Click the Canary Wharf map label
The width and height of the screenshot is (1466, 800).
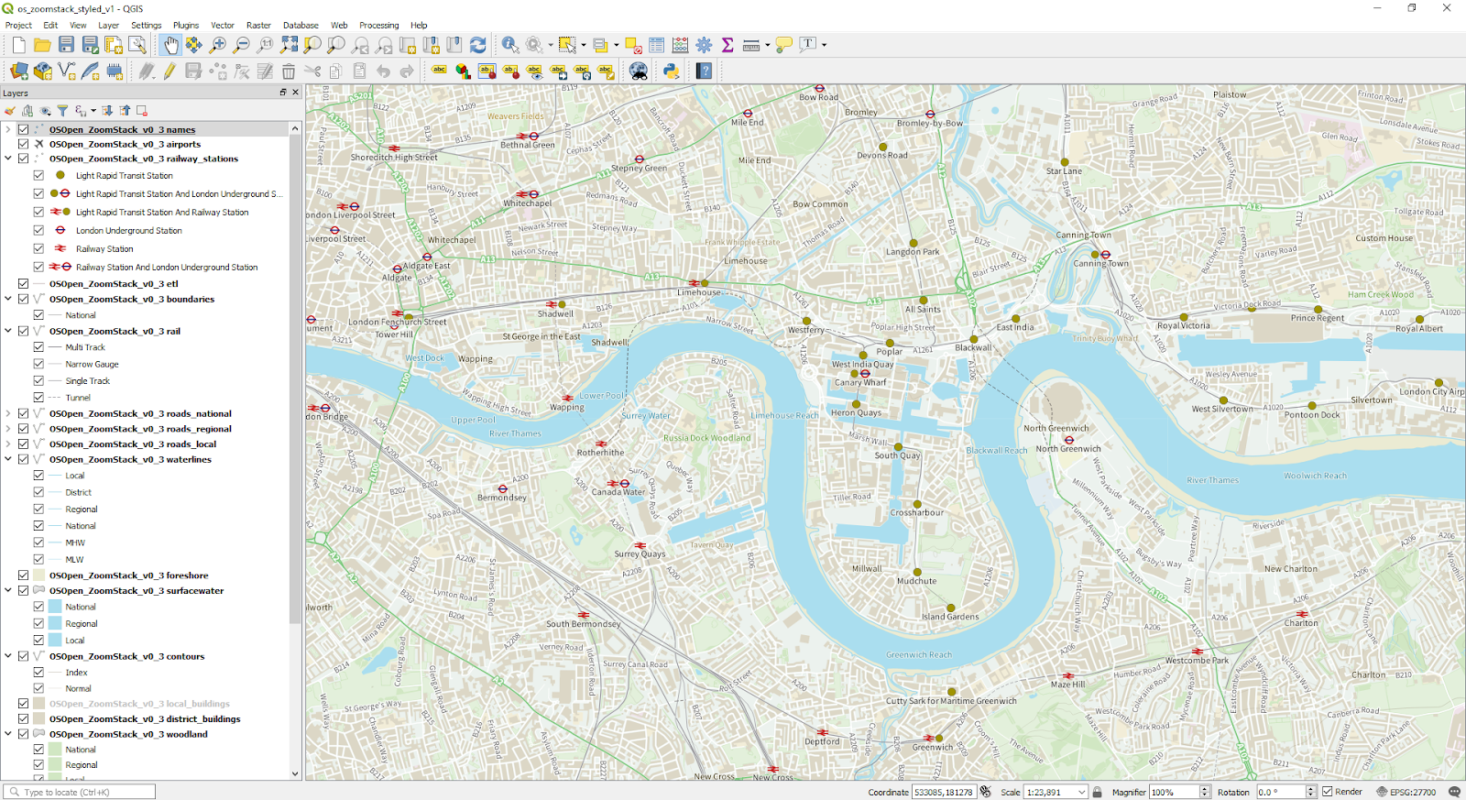pyautogui.click(x=860, y=383)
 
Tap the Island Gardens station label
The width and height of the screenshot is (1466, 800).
pyautogui.click(x=950, y=617)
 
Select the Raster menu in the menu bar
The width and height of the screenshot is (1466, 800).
pyautogui.click(x=258, y=25)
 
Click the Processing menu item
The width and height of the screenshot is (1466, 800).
pyautogui.click(x=378, y=25)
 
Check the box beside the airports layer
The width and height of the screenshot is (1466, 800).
pyautogui.click(x=23, y=144)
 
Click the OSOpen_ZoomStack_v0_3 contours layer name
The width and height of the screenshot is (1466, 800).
pyautogui.click(x=126, y=656)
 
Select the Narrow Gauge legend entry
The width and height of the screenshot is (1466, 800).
pyautogui.click(x=92, y=364)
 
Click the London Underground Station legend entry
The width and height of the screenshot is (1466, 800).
pyautogui.click(x=128, y=231)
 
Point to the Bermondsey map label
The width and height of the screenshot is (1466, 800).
pyautogui.click(x=502, y=498)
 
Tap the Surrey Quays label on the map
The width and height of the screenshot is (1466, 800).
pyautogui.click(x=640, y=554)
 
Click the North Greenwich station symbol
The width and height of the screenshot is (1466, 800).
pyautogui.click(x=1068, y=440)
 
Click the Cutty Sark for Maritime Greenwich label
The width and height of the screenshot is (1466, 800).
pyautogui.click(x=951, y=701)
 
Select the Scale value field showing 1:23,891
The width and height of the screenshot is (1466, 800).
pyautogui.click(x=1049, y=792)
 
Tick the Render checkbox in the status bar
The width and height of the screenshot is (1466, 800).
pyautogui.click(x=1327, y=792)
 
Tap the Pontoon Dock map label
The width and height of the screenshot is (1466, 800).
pyautogui.click(x=1312, y=415)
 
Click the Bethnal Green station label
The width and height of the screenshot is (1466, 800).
pyautogui.click(x=527, y=145)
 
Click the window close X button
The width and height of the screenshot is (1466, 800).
pyautogui.click(x=1447, y=8)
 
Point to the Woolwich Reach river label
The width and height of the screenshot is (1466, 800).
pyautogui.click(x=1315, y=476)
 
